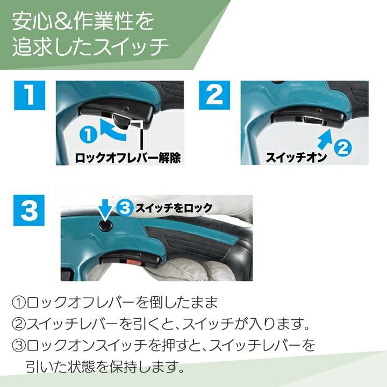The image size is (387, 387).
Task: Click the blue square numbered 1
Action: [x=30, y=95]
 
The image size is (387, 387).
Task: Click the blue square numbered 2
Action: [x=214, y=95]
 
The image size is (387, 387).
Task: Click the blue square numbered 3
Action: [x=29, y=210]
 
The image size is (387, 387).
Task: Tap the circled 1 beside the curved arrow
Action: [x=88, y=134]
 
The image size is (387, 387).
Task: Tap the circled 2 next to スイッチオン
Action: [x=342, y=148]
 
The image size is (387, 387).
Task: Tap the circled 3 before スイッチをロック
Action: [x=125, y=208]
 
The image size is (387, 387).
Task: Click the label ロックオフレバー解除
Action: [x=127, y=157]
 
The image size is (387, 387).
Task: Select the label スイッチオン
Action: [x=296, y=157]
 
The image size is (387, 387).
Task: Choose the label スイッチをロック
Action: [x=174, y=208]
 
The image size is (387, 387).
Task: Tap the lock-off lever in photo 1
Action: [x=121, y=121]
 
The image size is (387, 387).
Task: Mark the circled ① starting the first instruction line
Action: [x=19, y=303]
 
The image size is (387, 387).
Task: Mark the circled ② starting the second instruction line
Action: [x=19, y=324]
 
